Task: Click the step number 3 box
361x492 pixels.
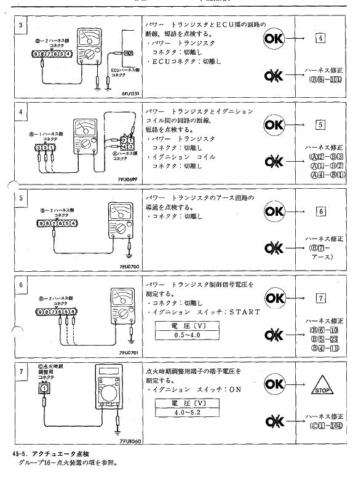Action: [22, 25]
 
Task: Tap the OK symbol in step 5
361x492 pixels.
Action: [275, 212]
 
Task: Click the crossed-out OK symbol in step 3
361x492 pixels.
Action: [275, 76]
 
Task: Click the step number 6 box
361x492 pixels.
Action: [22, 285]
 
